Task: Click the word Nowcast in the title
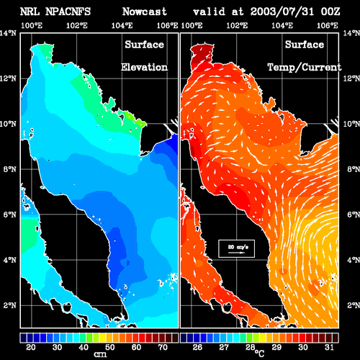144,12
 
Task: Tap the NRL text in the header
30,12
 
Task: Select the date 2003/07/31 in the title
282,12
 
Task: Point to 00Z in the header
330,12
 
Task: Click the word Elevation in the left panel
144,67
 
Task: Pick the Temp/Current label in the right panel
305,68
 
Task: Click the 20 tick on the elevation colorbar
31,347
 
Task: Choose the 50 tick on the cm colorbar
110,347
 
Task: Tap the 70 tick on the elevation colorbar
163,347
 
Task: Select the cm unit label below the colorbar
100,354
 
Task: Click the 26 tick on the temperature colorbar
197,347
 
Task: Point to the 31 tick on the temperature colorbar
329,347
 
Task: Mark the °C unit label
260,354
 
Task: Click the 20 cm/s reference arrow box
236,248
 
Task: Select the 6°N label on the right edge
354,215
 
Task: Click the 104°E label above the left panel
122,25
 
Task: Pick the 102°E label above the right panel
237,25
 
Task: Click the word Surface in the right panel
305,45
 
